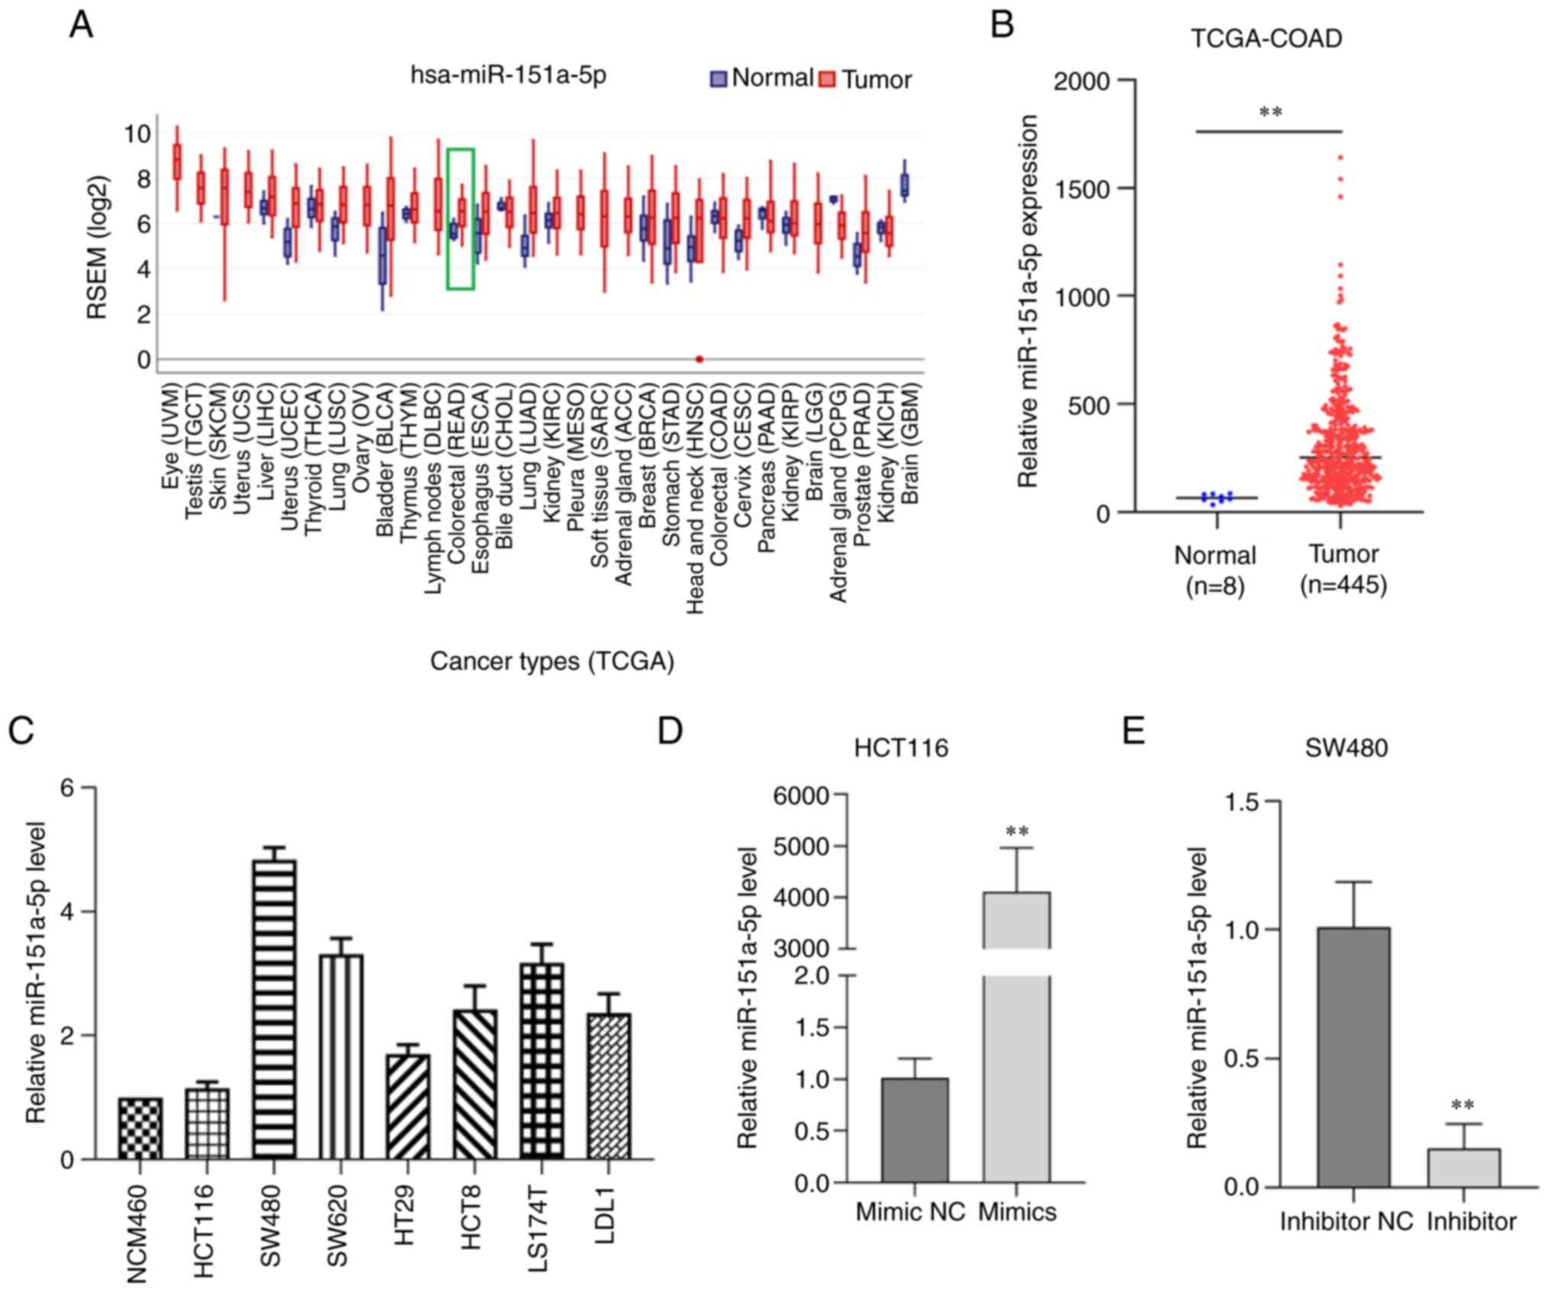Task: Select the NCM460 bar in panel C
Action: (x=140, y=1128)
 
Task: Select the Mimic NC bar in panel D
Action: (x=914, y=1130)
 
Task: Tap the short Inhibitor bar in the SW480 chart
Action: (x=1463, y=1168)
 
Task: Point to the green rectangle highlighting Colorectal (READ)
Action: (x=461, y=219)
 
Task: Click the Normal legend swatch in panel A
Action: (x=719, y=79)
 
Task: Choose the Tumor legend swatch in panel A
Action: (x=827, y=79)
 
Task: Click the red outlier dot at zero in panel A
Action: (x=699, y=359)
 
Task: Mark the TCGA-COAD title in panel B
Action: (x=1266, y=39)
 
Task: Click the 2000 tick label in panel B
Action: (x=1081, y=81)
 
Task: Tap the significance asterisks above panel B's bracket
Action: (x=1270, y=113)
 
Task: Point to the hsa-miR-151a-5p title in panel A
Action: (x=508, y=76)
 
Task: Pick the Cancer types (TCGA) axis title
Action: (x=552, y=661)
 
